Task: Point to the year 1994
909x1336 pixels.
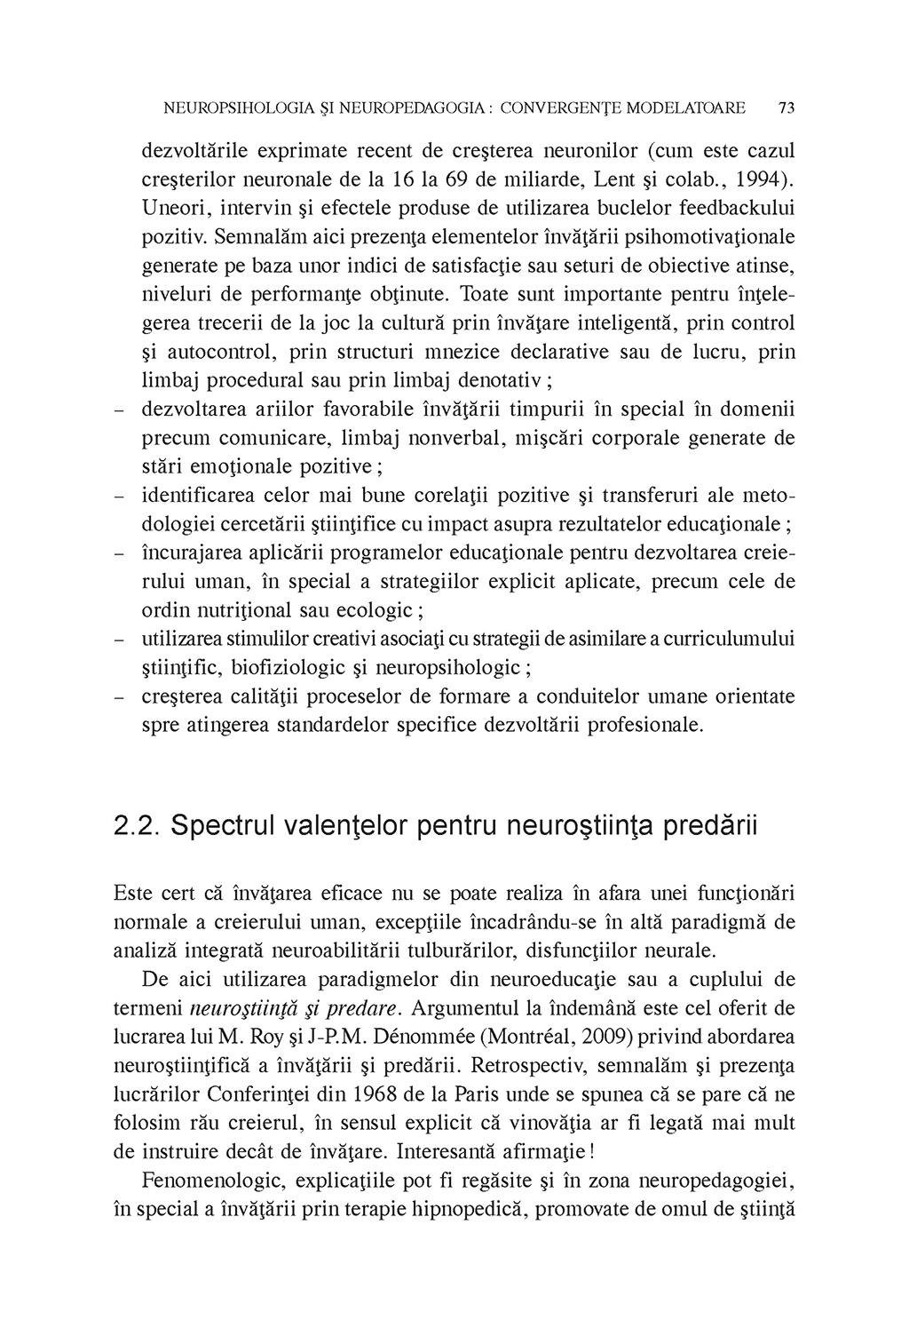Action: coord(768,179)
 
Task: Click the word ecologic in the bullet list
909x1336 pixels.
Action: coord(380,610)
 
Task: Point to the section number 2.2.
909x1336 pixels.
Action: coord(136,825)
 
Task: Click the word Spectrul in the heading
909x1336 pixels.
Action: coord(221,825)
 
